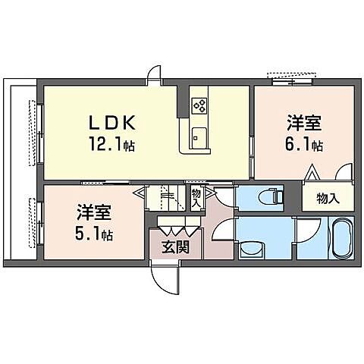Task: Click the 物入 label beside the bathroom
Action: [x=327, y=199]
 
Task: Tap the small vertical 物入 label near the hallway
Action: [x=196, y=199]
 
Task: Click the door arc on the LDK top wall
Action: [x=155, y=74]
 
